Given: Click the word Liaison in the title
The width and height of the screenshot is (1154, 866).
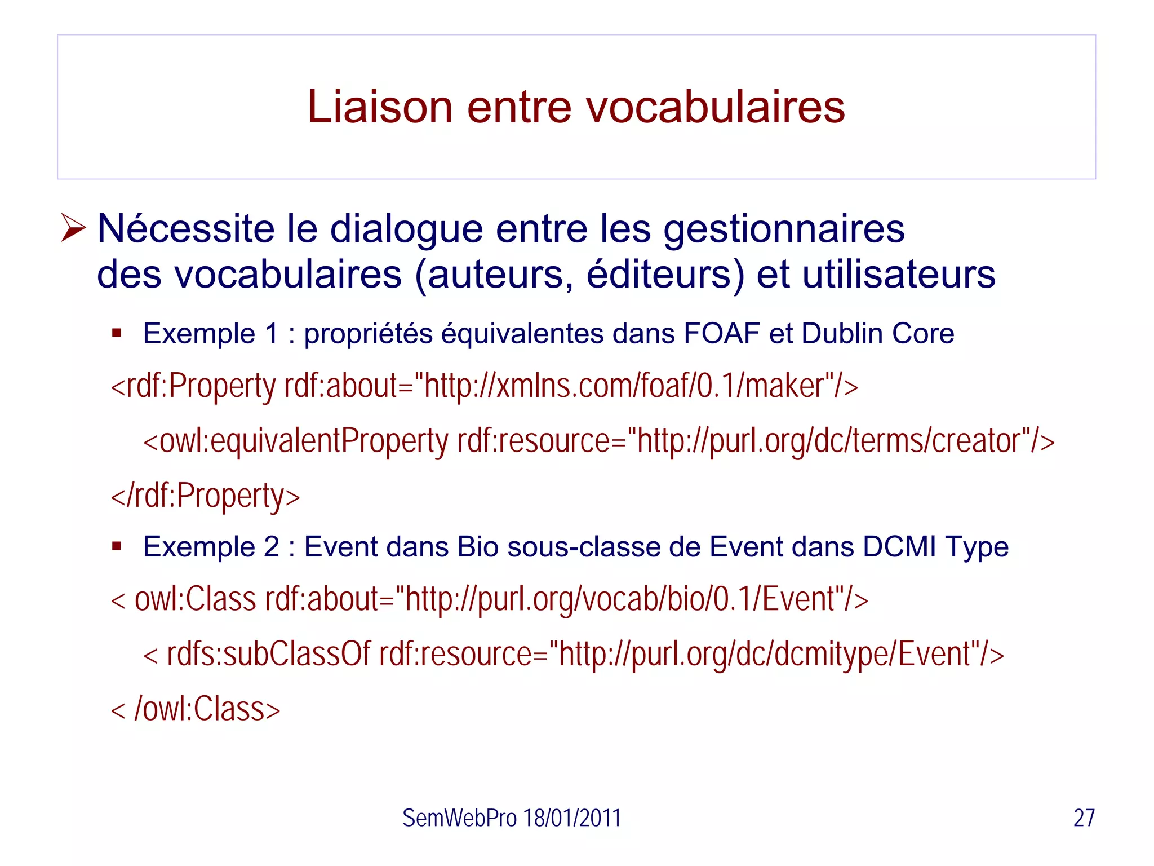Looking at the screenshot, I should coord(380,107).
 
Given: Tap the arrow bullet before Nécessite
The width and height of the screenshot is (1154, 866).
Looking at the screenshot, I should coord(73,228).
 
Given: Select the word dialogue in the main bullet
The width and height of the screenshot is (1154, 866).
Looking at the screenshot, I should coord(406,229).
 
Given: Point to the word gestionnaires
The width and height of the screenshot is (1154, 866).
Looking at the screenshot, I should coord(784,229).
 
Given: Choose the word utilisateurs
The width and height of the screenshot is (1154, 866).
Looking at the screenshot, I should coord(899,275).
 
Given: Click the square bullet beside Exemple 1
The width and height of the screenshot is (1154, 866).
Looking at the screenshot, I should coord(117,333).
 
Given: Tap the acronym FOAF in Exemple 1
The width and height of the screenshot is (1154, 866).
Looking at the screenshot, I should coord(721,333).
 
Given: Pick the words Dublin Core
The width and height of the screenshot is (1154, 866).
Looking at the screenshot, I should coord(877,333).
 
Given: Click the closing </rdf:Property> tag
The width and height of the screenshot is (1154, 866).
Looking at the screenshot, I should coord(205,496).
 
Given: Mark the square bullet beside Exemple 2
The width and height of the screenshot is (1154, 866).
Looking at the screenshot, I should coord(117,546).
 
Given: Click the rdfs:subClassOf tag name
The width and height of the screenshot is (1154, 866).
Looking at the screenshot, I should coord(268,654).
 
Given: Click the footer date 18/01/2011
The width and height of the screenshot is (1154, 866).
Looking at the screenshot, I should coord(572,818).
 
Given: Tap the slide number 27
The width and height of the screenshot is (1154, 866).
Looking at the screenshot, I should coord(1084,818).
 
